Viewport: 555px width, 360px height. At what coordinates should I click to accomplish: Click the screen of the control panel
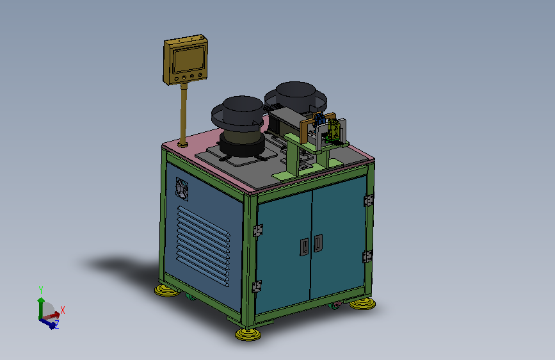coord(188,60)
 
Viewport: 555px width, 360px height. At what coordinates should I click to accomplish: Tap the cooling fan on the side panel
coord(182,189)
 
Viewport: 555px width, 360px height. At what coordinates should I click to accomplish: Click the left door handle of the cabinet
coord(304,247)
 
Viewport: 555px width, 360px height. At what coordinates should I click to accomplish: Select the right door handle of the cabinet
coord(318,243)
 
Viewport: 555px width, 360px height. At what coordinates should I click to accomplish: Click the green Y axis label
coord(41,290)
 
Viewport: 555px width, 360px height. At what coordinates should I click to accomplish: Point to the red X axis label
coord(63,310)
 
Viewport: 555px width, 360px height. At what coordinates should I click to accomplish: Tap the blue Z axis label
coord(56,324)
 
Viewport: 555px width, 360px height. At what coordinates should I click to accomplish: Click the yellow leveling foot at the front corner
coord(248,334)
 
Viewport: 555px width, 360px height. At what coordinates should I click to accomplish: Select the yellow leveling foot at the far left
coord(167,291)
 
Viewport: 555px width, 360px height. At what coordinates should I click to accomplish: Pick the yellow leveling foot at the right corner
coord(362,304)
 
